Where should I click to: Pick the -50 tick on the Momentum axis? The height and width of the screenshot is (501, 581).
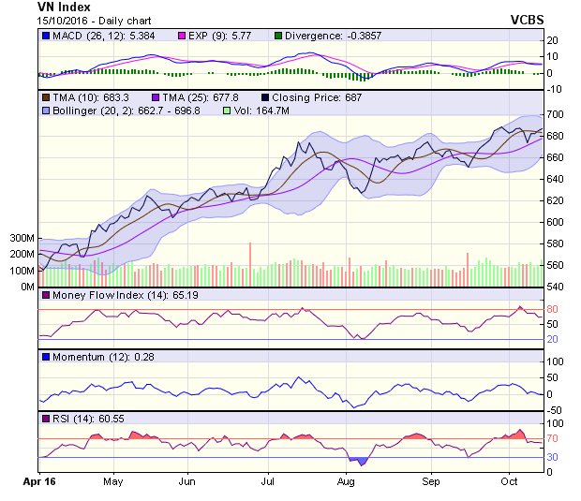pyautogui.click(x=556, y=410)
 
